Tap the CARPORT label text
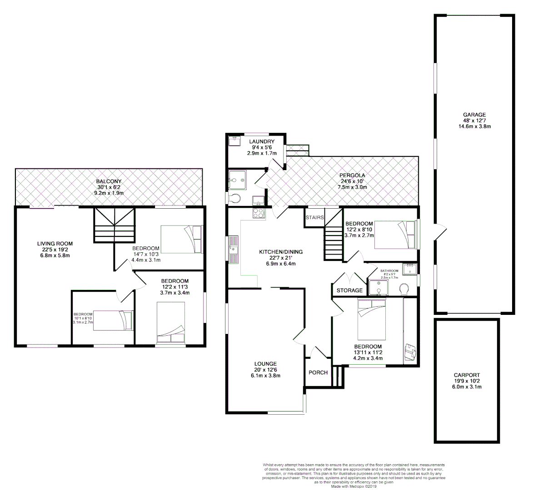pyautogui.click(x=467, y=375)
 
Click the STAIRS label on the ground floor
pyautogui.click(x=315, y=217)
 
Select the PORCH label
pyautogui.click(x=318, y=372)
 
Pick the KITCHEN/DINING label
pyautogui.click(x=281, y=252)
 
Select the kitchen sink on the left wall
pyautogui.click(x=234, y=249)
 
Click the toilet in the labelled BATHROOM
pyautogui.click(x=403, y=289)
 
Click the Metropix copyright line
pyautogui.click(x=356, y=486)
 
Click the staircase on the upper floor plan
pyautogui.click(x=114, y=225)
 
